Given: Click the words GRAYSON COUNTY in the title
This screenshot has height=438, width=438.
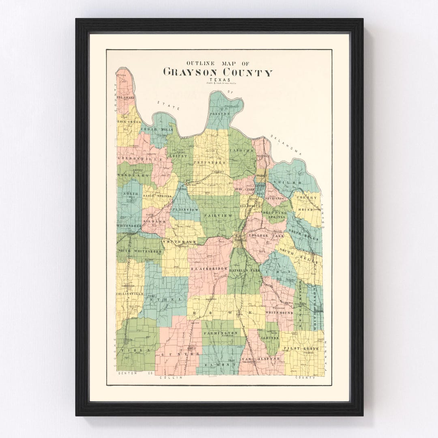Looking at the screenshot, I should pos(218,73).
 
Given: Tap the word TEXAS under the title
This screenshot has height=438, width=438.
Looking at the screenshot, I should pos(218,80).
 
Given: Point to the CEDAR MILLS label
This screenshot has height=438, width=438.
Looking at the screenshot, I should pos(157,130).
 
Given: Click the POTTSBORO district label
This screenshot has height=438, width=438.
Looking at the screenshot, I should pos(209,162).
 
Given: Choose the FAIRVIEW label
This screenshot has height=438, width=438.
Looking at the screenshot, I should pos(218,215).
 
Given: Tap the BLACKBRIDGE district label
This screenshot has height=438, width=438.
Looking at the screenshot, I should pos(209,268).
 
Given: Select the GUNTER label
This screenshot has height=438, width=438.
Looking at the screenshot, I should pos(180,354).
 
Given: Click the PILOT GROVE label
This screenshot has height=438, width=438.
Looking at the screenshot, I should pos(301,348).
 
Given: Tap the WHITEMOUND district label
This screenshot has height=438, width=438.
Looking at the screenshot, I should pos(279,313).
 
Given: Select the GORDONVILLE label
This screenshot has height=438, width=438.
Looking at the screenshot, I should pos(140,159).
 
